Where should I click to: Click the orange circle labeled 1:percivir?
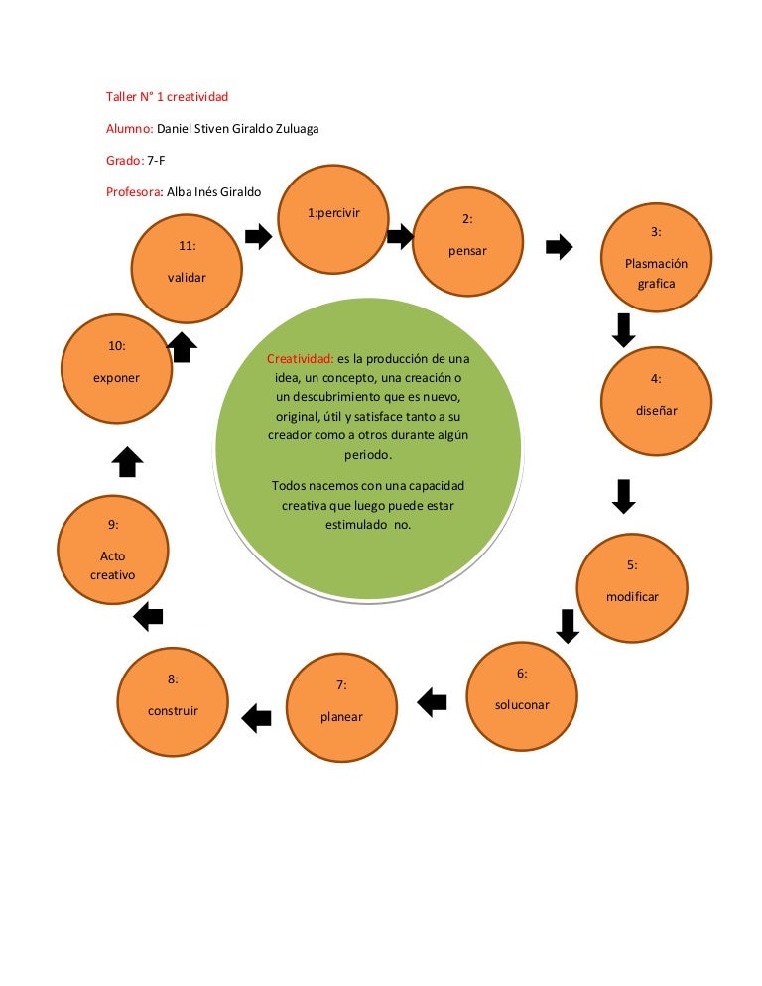point(332,219)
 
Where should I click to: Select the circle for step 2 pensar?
point(467,241)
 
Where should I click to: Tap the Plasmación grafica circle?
point(656,257)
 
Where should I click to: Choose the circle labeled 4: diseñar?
point(656,401)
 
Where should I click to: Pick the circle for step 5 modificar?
point(632,588)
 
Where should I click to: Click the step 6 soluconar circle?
point(522,696)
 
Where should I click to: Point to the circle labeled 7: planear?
point(341,707)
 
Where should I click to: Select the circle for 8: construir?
point(173,701)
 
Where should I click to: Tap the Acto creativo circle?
point(113,550)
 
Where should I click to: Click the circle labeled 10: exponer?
point(116,368)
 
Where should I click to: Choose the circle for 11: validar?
point(187,269)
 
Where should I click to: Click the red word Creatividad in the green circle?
point(300,358)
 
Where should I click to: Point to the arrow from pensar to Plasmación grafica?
point(559,246)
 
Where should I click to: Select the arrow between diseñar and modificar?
point(623,497)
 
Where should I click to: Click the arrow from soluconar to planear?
point(432,702)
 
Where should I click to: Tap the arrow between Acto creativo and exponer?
point(127,462)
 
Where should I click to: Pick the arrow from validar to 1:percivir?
point(258,236)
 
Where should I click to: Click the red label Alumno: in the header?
point(130,128)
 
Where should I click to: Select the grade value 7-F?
point(156,161)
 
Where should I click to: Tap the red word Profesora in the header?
point(134,191)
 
